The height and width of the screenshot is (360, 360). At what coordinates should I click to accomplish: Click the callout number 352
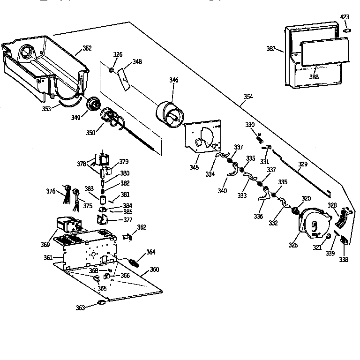pyautogui.click(x=87, y=48)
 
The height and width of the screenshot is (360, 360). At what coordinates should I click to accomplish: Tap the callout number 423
pyautogui.click(x=345, y=17)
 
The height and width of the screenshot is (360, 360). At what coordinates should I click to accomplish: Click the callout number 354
pyautogui.click(x=248, y=97)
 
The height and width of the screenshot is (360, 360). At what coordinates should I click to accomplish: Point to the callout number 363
pyautogui.click(x=81, y=307)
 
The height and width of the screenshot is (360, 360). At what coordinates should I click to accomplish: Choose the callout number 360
pyautogui.click(x=154, y=270)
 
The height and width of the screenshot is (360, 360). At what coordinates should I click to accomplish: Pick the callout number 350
pyautogui.click(x=90, y=133)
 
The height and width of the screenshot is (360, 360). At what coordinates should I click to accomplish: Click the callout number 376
pyautogui.click(x=50, y=191)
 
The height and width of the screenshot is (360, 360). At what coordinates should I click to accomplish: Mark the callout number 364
pyautogui.click(x=150, y=252)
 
